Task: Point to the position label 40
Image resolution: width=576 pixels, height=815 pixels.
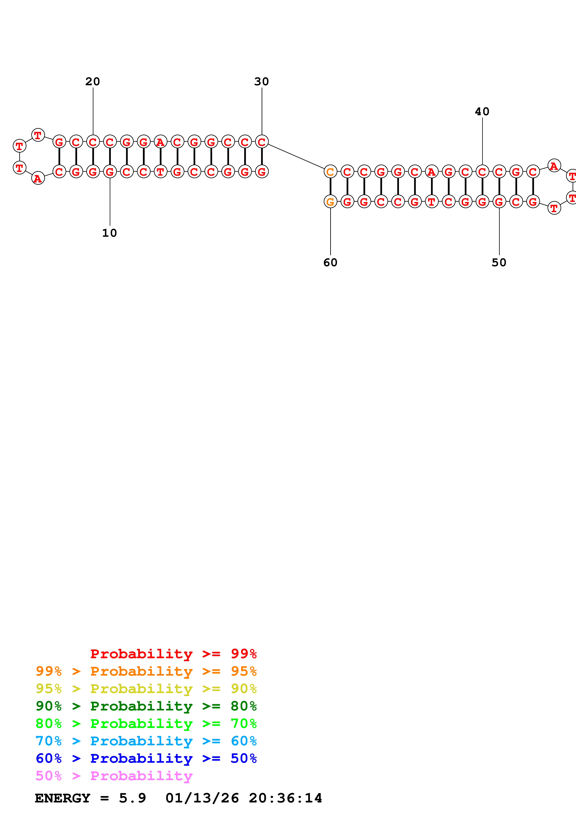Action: tap(482, 112)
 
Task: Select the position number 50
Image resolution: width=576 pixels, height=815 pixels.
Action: tap(499, 263)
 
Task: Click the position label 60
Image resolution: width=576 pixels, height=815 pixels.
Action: tap(330, 263)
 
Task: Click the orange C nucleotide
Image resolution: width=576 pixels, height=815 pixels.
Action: tap(330, 172)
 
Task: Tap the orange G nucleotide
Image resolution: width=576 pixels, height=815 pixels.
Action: tap(330, 202)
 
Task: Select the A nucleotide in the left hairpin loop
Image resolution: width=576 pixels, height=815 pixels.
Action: tap(38, 178)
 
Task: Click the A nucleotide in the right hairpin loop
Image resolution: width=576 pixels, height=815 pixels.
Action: tap(554, 166)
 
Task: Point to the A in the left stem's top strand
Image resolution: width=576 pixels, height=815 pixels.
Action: tap(160, 142)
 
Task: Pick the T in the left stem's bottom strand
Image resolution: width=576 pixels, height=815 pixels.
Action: tap(160, 172)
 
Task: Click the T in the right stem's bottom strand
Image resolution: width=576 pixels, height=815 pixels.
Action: tap(431, 202)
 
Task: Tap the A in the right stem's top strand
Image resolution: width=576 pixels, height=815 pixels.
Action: tap(431, 172)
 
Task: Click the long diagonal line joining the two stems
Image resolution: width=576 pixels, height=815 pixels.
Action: tap(296, 157)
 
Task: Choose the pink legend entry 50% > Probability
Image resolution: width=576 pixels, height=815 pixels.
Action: tap(114, 776)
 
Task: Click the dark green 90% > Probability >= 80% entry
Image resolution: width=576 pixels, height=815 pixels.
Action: tap(146, 706)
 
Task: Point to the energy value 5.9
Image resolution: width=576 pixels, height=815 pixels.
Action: tap(132, 798)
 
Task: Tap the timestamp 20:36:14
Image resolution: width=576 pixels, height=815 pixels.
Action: tap(285, 798)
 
